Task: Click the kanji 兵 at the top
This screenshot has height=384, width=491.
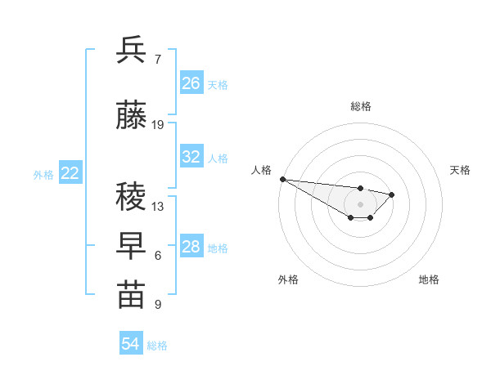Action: [131, 51]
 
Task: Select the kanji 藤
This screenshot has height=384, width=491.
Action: [131, 116]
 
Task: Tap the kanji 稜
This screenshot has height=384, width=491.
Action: [131, 196]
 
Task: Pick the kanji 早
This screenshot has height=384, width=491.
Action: [131, 246]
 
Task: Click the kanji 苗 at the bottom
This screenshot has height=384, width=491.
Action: [131, 295]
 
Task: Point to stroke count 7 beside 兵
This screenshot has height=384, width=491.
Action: [157, 60]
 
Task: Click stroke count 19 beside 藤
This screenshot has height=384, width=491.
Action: [158, 125]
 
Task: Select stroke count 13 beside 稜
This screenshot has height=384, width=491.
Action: [158, 206]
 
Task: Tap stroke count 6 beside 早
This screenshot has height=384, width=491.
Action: [157, 256]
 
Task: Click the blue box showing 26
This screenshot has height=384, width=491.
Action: [191, 83]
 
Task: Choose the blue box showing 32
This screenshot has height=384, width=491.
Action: [191, 157]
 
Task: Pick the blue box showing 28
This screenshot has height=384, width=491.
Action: [191, 247]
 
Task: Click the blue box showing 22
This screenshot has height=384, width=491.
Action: [70, 173]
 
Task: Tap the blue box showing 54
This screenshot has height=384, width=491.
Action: [131, 344]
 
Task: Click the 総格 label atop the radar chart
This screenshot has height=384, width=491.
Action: [361, 106]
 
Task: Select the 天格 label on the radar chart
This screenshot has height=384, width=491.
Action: [460, 170]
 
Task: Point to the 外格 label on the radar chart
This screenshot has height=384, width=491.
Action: [288, 279]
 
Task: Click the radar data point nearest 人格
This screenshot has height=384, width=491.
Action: [282, 179]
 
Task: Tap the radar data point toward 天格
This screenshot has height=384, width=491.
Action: [392, 194]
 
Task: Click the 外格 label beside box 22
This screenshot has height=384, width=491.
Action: [43, 174]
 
